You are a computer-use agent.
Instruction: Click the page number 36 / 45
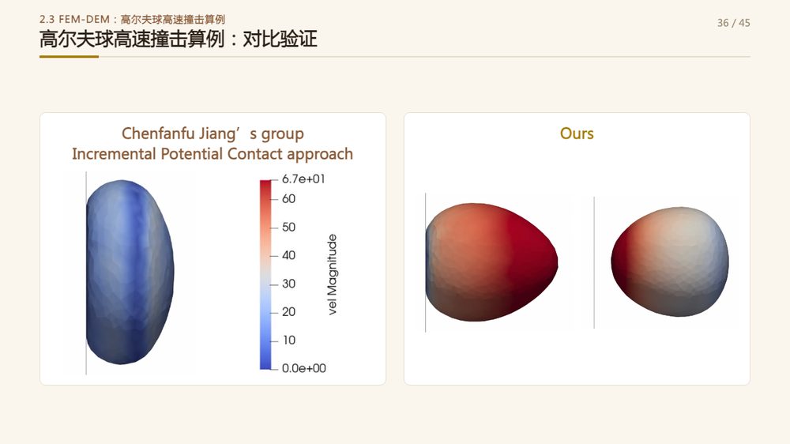[734, 23]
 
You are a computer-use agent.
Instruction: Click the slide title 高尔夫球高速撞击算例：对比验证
[179, 39]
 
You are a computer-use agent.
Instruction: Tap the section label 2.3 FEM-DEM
[74, 19]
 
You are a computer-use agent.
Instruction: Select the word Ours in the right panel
[577, 134]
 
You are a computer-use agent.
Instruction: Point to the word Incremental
[113, 154]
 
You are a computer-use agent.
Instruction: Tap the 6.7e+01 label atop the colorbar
[303, 179]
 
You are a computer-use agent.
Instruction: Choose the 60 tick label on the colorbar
[288, 198]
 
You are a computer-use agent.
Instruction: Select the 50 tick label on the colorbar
[288, 227]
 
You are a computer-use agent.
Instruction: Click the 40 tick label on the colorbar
[288, 255]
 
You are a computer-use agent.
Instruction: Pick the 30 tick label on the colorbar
[288, 284]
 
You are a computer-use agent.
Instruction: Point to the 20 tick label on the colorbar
[288, 312]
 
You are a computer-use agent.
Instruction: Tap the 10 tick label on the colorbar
[289, 341]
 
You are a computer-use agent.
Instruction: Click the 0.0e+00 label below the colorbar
[304, 368]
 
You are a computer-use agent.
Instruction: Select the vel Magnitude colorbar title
[332, 275]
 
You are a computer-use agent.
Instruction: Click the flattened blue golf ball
[130, 272]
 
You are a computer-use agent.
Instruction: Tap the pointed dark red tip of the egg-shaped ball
[555, 262]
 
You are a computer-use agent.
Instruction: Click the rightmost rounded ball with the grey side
[670, 262]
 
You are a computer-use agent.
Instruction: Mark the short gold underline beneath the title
[69, 56]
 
